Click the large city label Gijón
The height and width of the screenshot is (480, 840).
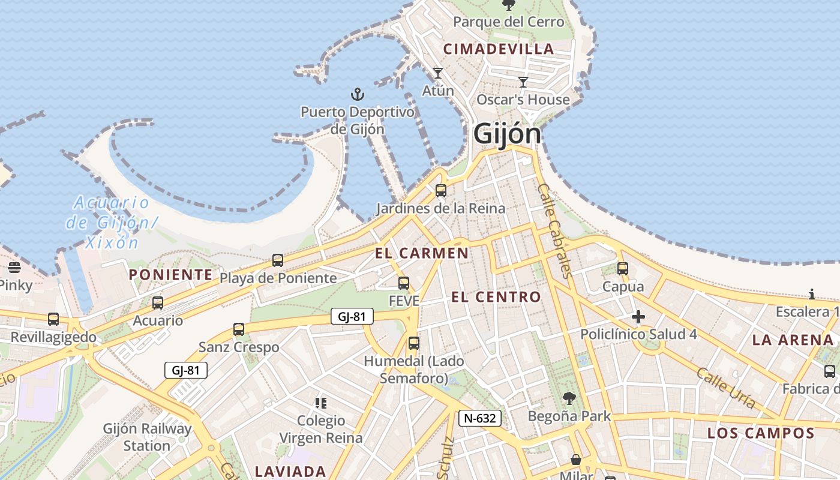(507, 133)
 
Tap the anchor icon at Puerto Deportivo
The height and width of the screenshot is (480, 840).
(358, 94)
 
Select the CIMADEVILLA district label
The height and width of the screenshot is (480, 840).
(498, 49)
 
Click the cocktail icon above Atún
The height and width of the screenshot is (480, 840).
(438, 73)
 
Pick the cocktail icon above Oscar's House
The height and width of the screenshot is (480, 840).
(523, 82)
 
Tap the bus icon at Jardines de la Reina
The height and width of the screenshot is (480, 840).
(441, 191)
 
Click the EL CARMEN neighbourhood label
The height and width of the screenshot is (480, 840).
(422, 253)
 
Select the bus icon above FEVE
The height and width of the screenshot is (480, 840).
(404, 283)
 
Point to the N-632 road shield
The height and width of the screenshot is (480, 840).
(480, 418)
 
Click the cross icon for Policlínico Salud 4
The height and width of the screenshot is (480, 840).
(638, 317)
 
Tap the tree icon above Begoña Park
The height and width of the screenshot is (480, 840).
(569, 398)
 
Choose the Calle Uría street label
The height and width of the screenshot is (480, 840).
(725, 388)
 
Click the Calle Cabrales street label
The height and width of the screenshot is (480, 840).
(553, 231)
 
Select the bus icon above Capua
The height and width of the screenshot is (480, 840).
(623, 269)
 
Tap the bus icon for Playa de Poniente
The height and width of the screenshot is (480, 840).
(278, 260)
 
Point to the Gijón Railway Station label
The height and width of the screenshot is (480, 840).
(147, 437)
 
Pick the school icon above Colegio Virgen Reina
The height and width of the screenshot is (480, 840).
(321, 403)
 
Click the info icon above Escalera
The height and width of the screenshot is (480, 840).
(812, 294)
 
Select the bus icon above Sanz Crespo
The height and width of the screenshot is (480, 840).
(239, 329)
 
